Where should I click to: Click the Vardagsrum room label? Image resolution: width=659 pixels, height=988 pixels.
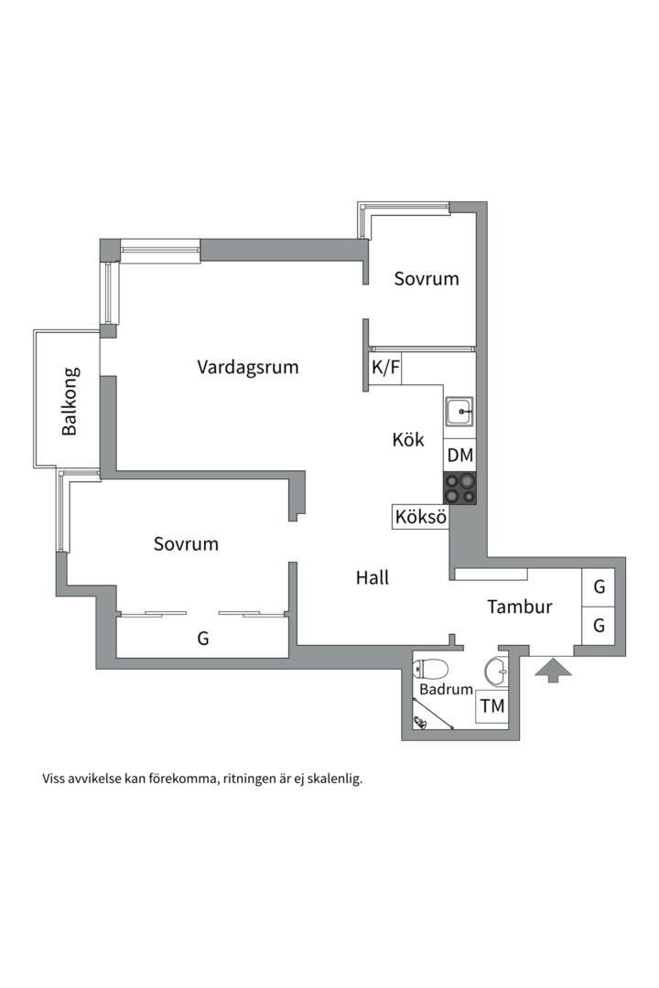coord(248,367)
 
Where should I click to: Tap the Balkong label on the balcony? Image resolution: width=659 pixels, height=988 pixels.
coord(70,401)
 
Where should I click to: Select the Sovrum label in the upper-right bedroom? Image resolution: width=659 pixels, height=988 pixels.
coord(426,278)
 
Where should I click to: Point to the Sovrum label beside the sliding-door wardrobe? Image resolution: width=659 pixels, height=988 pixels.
coord(186,543)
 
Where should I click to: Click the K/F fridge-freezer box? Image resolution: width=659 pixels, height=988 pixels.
coord(385,368)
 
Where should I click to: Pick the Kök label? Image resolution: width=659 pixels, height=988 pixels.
coord(407,439)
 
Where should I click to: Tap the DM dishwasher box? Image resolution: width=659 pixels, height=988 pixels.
coord(460,455)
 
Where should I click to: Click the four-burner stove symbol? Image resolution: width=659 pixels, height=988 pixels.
coord(460,487)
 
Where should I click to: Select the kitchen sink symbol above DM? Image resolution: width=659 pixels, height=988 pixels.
coord(459,413)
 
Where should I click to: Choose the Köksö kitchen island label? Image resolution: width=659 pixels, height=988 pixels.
coord(420,517)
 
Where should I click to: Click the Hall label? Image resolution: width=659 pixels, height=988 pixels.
coord(373,577)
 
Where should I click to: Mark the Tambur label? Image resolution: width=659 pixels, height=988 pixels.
coord(519,606)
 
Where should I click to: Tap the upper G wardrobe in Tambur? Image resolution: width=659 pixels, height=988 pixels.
coord(599,587)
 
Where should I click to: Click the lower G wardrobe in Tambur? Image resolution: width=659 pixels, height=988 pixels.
coord(599,627)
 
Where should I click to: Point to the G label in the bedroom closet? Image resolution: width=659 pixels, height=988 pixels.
coord(202,639)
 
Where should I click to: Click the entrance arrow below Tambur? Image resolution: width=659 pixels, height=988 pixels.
coord(552,671)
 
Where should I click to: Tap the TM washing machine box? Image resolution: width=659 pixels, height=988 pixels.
coord(492,706)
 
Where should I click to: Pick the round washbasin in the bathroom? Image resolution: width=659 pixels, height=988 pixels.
coord(496,671)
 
